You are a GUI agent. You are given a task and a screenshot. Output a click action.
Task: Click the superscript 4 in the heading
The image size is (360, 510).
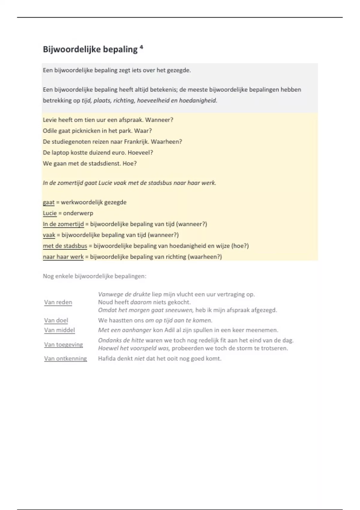click(x=141, y=47)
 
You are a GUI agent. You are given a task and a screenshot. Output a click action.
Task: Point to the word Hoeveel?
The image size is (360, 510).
click(x=140, y=152)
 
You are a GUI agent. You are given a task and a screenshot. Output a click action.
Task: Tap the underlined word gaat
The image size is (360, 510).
click(x=49, y=202)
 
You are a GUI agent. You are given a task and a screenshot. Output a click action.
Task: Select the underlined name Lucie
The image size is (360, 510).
click(x=50, y=213)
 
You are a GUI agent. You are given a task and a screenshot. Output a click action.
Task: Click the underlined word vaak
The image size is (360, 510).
click(x=49, y=235)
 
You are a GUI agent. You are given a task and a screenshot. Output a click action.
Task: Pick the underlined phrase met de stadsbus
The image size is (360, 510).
click(x=65, y=246)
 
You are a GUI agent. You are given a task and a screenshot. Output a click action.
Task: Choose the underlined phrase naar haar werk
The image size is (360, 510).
click(x=63, y=257)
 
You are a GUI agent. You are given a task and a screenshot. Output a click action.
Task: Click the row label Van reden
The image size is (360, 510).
click(x=58, y=302)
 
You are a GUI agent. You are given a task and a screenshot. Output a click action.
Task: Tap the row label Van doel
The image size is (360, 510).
click(x=56, y=320)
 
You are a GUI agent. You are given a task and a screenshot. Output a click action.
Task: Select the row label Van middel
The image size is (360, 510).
click(x=59, y=330)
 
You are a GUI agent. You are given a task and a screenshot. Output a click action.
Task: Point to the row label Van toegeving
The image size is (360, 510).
click(x=63, y=344)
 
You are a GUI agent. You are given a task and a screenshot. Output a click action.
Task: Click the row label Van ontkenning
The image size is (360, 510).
click(x=65, y=358)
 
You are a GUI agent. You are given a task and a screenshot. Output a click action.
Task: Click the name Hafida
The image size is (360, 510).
click(x=107, y=358)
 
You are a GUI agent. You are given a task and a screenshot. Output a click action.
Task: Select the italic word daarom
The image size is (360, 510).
click(x=141, y=302)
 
